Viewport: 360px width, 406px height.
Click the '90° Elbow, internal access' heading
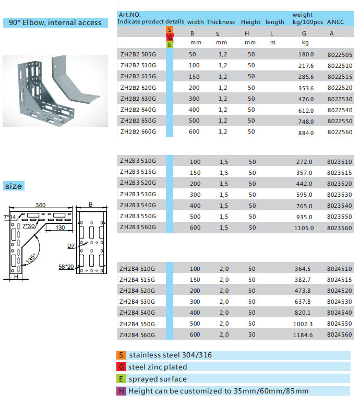[x=55, y=23]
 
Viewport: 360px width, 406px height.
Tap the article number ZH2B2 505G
[x=138, y=54]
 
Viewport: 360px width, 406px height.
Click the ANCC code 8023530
[x=340, y=195]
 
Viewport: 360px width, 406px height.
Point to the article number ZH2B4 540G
[x=138, y=313]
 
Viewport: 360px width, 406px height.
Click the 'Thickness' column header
[x=221, y=22]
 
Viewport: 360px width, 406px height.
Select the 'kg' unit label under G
[x=305, y=43]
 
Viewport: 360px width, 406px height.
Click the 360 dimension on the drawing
[x=40, y=206]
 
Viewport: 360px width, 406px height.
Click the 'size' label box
[x=14, y=186]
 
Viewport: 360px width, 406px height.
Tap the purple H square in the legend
[x=122, y=391]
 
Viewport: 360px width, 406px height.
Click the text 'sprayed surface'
[x=158, y=379]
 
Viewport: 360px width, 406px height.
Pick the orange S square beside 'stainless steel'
[x=122, y=355]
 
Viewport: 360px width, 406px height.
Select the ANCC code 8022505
[x=340, y=55]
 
